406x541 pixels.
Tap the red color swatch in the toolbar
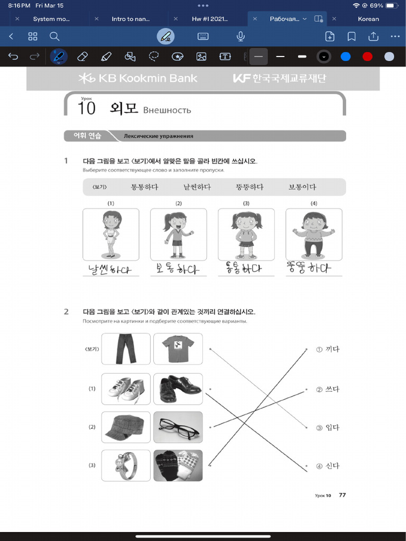click(367, 57)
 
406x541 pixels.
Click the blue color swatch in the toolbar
click(346, 57)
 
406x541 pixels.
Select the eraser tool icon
click(82, 57)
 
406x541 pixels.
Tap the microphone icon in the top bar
click(241, 36)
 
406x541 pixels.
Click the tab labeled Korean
click(368, 19)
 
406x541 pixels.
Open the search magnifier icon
click(54, 36)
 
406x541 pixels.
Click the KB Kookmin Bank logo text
click(138, 79)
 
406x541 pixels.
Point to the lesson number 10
click(86, 108)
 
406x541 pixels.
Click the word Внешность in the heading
click(167, 110)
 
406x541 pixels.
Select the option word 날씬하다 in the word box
click(197, 187)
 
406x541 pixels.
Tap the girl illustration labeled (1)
click(111, 234)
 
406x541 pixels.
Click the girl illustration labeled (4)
click(313, 234)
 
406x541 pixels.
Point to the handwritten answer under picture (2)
click(178, 268)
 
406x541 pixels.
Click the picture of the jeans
click(126, 349)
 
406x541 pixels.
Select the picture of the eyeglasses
click(178, 427)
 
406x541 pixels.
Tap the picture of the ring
click(126, 465)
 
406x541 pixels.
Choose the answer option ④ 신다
click(328, 466)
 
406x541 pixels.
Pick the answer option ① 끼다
click(328, 349)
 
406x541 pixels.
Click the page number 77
click(343, 495)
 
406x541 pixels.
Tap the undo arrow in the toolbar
click(13, 57)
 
